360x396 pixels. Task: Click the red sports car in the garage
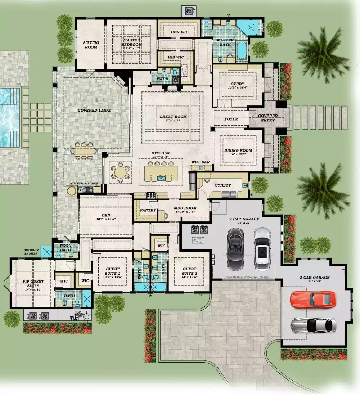(x=313, y=300)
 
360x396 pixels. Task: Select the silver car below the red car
(x=314, y=325)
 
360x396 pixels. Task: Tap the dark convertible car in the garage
(x=235, y=249)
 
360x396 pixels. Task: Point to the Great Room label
(x=173, y=118)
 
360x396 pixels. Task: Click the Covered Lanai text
(x=94, y=111)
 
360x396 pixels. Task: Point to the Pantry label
(x=148, y=210)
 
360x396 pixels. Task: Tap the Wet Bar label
(x=201, y=162)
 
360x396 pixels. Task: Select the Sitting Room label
(x=91, y=45)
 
